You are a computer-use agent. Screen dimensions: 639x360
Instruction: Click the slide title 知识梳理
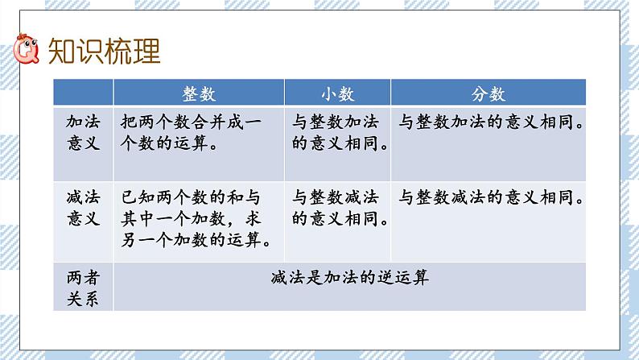pyautogui.click(x=104, y=51)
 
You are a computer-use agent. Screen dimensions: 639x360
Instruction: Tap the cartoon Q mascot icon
pyautogui.click(x=26, y=49)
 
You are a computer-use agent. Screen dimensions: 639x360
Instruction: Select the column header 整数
pyautogui.click(x=199, y=93)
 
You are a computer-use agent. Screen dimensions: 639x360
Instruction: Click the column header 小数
pyautogui.click(x=337, y=93)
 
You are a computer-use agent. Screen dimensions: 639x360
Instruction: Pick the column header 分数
pyautogui.click(x=489, y=93)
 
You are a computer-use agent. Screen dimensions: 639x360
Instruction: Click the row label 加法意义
pyautogui.click(x=83, y=133)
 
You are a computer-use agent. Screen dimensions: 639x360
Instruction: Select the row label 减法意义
pyautogui.click(x=83, y=208)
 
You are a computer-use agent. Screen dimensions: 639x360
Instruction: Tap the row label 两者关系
pyautogui.click(x=83, y=288)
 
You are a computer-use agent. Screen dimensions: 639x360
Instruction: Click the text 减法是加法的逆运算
pyautogui.click(x=349, y=278)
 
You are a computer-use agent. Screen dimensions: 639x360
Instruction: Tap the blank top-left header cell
pyautogui.click(x=83, y=92)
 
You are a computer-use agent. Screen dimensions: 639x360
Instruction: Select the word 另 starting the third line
pyautogui.click(x=129, y=240)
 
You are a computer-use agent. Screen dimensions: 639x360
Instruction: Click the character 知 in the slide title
pyautogui.click(x=61, y=51)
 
